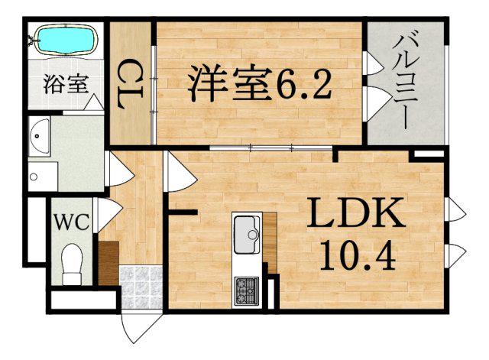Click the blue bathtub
65,41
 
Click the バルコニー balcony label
405,80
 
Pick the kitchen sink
245,232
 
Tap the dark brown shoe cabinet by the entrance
108,263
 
